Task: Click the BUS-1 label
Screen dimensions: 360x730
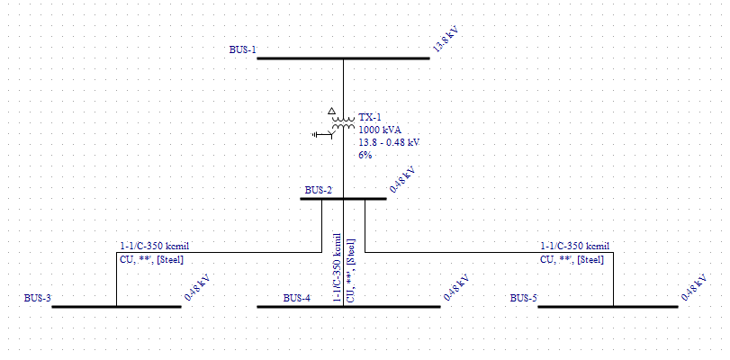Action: pyautogui.click(x=242, y=49)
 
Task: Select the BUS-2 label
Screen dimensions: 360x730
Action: pyautogui.click(x=318, y=190)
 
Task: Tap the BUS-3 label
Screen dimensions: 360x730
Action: pyautogui.click(x=37, y=298)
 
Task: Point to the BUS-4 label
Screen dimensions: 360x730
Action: pyautogui.click(x=297, y=298)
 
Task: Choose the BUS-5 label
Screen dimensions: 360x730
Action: pyautogui.click(x=524, y=298)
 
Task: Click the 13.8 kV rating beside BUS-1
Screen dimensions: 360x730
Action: pyautogui.click(x=446, y=41)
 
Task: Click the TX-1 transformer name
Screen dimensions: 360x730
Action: pyautogui.click(x=370, y=117)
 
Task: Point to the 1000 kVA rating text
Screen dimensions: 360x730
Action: pyautogui.click(x=380, y=130)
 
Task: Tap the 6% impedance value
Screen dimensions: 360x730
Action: pyautogui.click(x=365, y=155)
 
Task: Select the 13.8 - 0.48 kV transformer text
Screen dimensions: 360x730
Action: pyautogui.click(x=389, y=142)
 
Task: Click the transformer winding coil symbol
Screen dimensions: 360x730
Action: pyautogui.click(x=343, y=125)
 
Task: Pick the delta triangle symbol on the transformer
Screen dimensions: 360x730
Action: pyautogui.click(x=331, y=112)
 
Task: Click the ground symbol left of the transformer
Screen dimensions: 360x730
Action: pyautogui.click(x=318, y=134)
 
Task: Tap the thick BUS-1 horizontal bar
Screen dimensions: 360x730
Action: pyautogui.click(x=343, y=58)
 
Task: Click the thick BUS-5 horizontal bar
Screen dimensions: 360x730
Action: pyautogui.click(x=608, y=306)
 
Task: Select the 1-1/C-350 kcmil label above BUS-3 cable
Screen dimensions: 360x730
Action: pyautogui.click(x=155, y=246)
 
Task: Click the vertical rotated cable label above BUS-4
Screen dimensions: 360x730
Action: pyautogui.click(x=343, y=266)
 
